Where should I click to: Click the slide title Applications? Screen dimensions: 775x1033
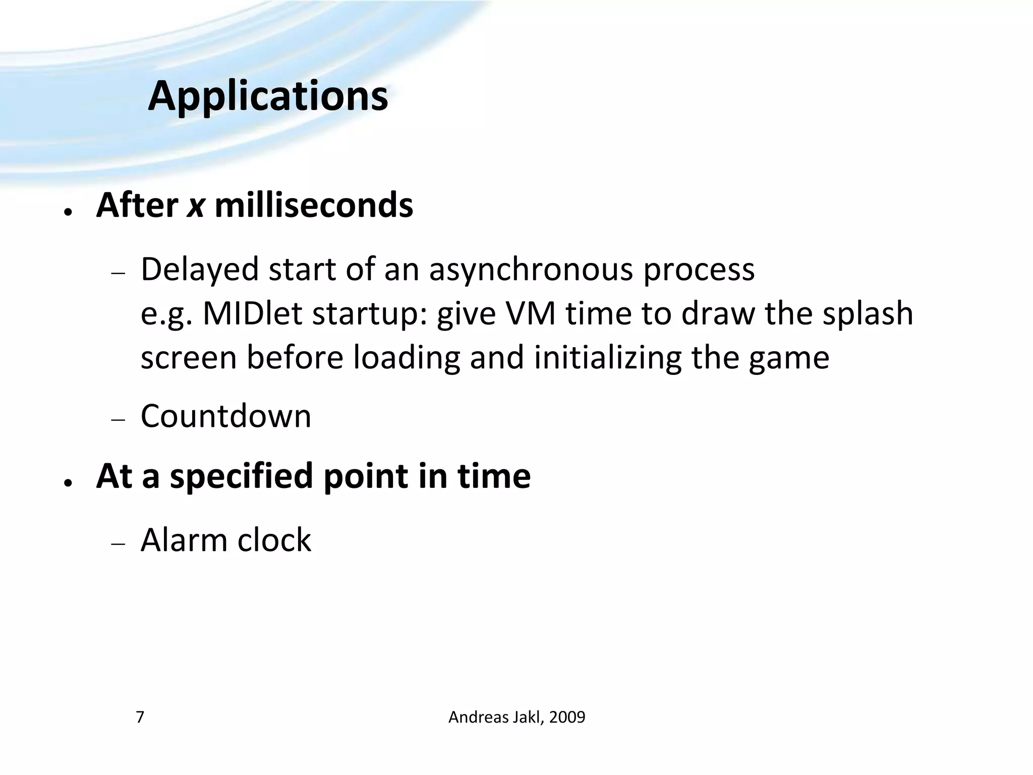[x=268, y=96]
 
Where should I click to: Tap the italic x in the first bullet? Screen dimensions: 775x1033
[x=196, y=206]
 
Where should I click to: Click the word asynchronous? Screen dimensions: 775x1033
[x=531, y=269]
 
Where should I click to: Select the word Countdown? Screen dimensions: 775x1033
[x=226, y=416]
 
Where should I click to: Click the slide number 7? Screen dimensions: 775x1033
[x=140, y=717]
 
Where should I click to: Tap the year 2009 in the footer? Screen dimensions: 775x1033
[x=567, y=717]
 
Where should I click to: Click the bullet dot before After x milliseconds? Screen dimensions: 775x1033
[x=67, y=212]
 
